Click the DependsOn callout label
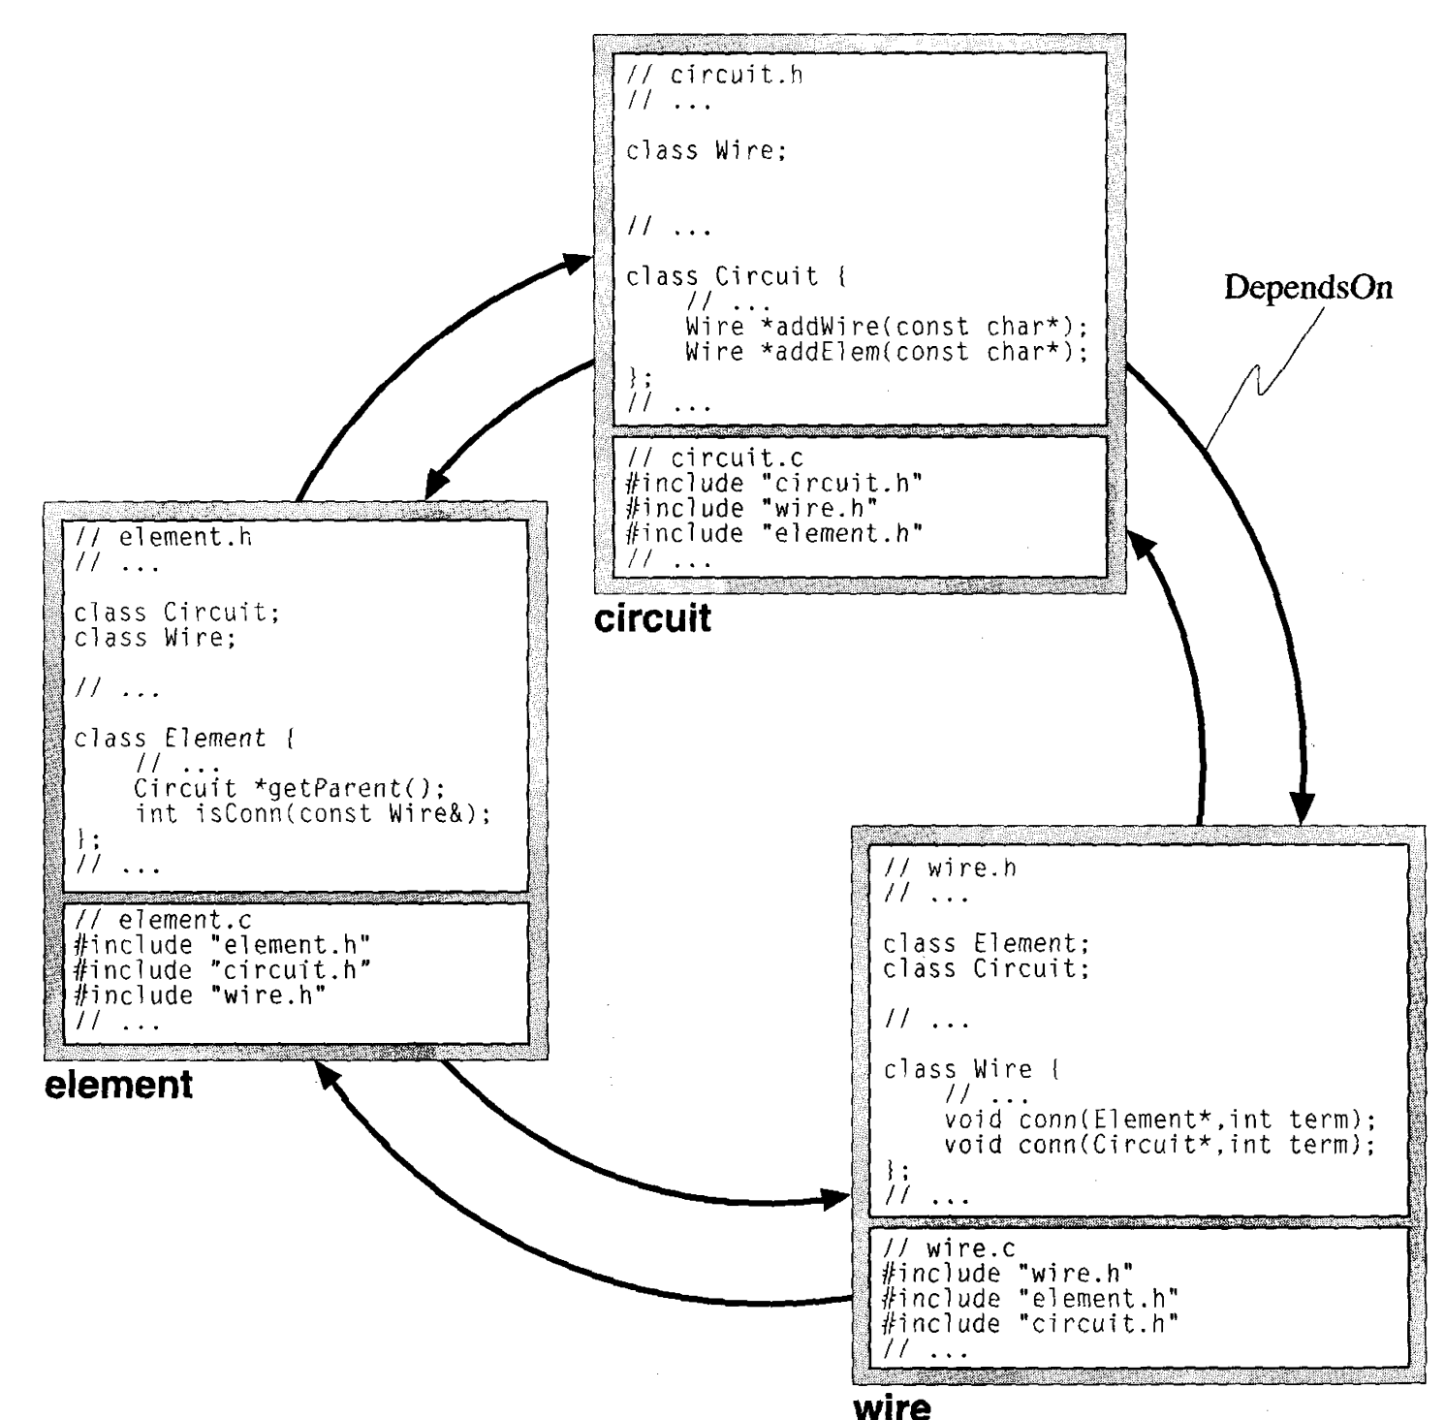coord(1308,288)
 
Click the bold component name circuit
coord(652,617)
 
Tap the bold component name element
coord(119,1083)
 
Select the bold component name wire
coord(893,1404)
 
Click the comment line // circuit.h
coord(715,75)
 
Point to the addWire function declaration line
coord(886,327)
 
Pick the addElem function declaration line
coord(886,352)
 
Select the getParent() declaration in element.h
coord(289,788)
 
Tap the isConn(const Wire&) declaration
coord(313,813)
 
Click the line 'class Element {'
coord(185,739)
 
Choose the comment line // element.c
coord(163,919)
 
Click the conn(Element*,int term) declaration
coord(1160,1120)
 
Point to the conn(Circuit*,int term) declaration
coord(1160,1145)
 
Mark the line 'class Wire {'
coord(971,1070)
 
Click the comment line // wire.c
coord(950,1248)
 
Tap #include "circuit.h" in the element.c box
coord(223,970)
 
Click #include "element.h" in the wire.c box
coord(1030,1299)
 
